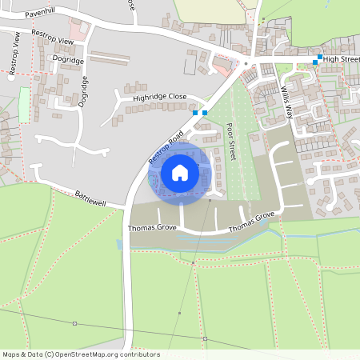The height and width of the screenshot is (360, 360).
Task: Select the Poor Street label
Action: (x=231, y=142)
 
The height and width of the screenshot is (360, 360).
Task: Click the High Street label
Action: (x=342, y=59)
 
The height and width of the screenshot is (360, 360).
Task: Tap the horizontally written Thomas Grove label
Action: (x=152, y=229)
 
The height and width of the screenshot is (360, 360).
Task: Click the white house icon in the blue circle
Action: (x=180, y=172)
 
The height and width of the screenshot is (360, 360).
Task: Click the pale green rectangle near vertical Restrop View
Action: (x=24, y=105)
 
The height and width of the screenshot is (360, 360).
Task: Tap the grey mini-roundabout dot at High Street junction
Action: (x=246, y=63)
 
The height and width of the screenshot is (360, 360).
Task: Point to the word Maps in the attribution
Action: (x=11, y=354)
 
